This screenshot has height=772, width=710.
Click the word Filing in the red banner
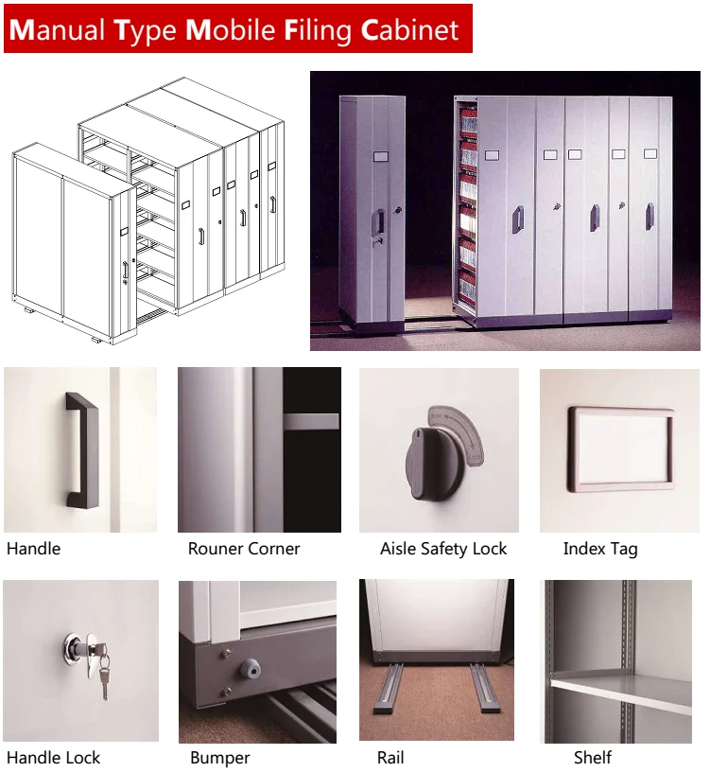(318, 30)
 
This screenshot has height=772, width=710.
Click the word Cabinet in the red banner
(410, 29)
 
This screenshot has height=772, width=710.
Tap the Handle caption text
(33, 549)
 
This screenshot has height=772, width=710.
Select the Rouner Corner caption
(244, 549)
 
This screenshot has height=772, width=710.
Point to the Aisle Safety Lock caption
(443, 549)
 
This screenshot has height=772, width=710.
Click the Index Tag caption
(600, 549)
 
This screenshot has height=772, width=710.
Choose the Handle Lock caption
(53, 757)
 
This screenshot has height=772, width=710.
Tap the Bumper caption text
(220, 758)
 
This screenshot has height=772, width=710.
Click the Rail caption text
(390, 757)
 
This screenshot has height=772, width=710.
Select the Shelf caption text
(593, 757)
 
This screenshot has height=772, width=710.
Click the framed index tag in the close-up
(621, 449)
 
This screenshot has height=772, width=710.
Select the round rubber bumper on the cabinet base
(250, 668)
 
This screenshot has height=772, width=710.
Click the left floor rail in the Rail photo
(389, 688)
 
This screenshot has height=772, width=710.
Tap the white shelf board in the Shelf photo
(622, 691)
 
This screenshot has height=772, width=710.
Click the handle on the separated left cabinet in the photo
(377, 222)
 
